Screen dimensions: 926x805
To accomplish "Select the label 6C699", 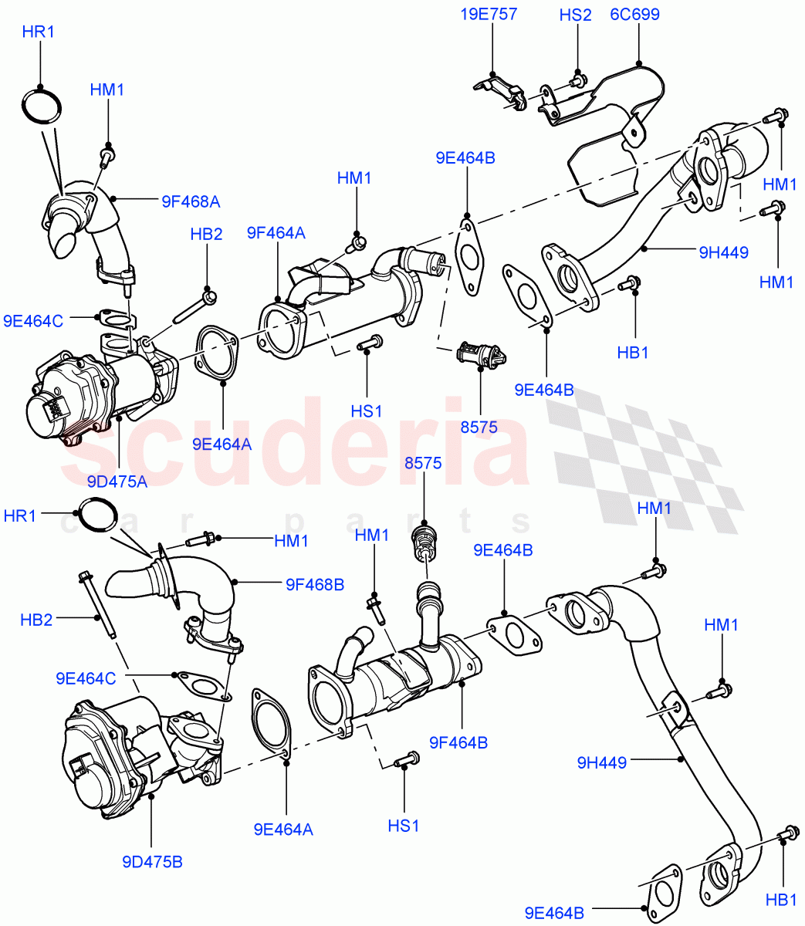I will click(634, 14).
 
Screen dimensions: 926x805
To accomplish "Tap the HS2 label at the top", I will click(575, 14).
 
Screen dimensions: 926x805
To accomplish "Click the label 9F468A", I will click(191, 202).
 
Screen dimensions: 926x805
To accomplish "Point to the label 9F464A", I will click(276, 232).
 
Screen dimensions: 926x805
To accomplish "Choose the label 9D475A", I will click(117, 482).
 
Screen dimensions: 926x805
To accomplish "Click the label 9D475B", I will click(152, 862).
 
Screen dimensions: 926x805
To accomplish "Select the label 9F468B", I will click(314, 585).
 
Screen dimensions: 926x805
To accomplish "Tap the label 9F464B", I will click(458, 742).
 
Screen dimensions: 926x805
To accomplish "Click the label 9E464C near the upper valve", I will click(33, 321).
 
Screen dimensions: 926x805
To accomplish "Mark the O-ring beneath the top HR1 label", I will click(42, 105).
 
